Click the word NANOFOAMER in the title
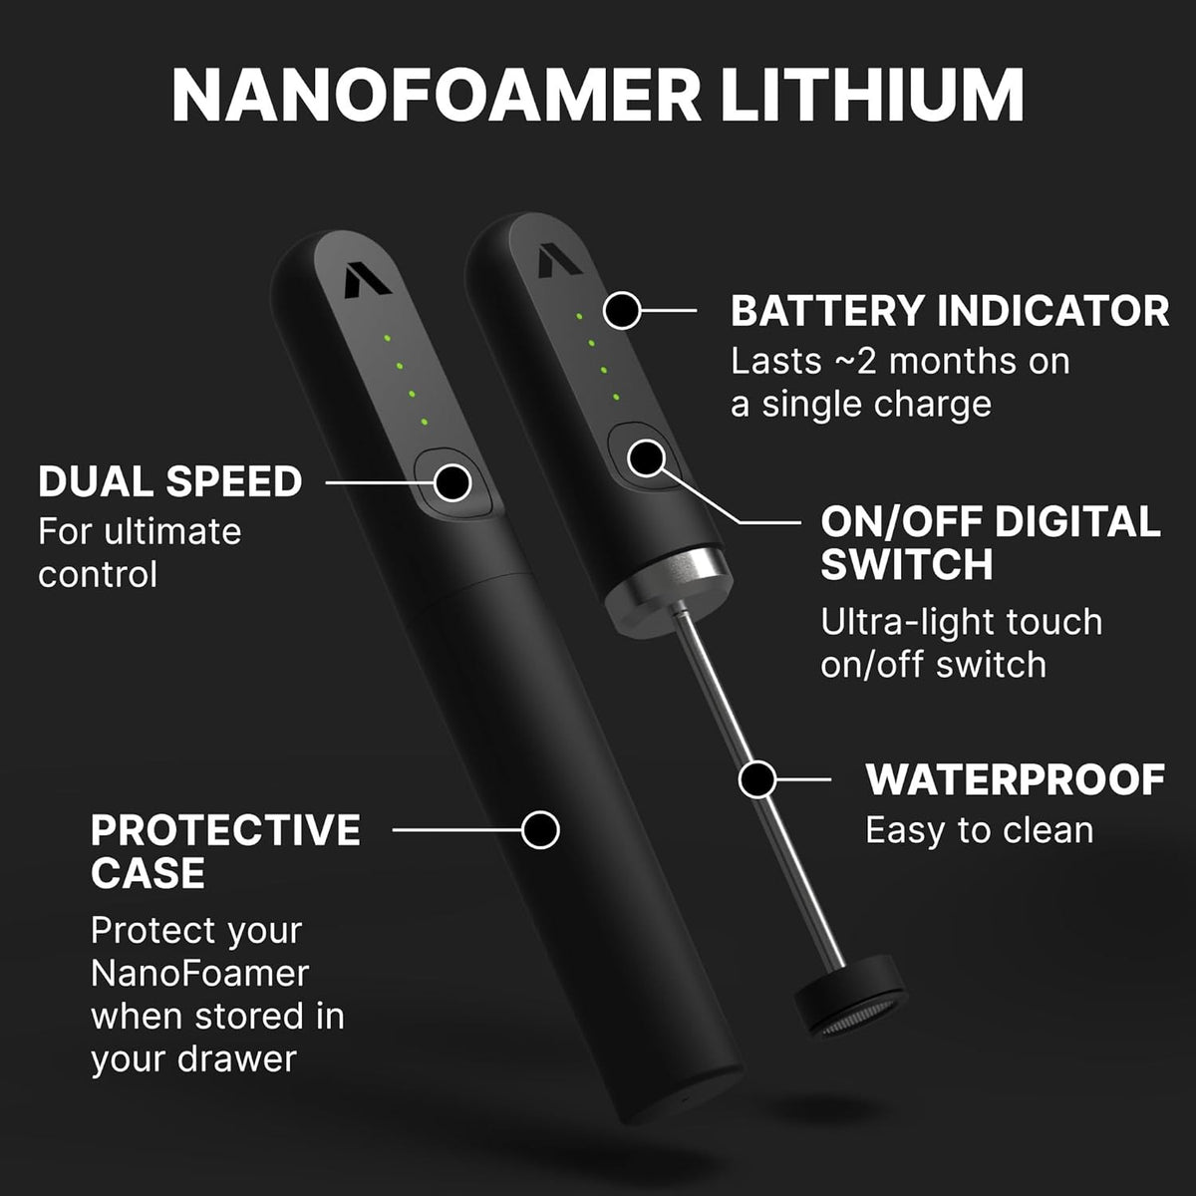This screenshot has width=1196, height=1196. [437, 97]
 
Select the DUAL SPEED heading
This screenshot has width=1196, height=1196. [170, 481]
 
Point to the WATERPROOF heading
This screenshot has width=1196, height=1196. [1016, 779]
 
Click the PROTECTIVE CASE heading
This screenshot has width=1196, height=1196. [225, 851]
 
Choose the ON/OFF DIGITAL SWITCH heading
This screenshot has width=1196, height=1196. [991, 542]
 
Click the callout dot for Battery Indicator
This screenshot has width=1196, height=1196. [621, 310]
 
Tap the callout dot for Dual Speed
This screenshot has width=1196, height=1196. [452, 481]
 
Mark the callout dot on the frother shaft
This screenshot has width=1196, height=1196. [757, 779]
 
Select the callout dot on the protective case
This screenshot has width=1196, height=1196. [540, 830]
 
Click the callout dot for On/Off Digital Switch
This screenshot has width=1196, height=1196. [646, 457]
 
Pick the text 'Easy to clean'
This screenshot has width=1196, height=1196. [980, 830]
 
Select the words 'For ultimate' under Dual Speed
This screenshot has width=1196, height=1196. [140, 532]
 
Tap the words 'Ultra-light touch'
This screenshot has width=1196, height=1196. [962, 622]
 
